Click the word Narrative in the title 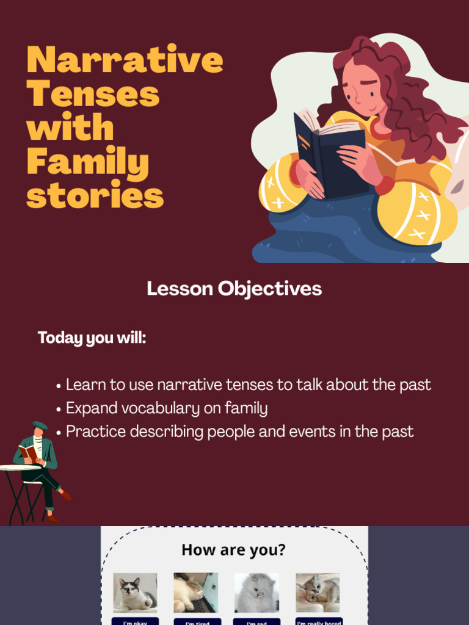(125, 60)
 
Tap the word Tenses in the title (93, 95)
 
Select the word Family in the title (87, 163)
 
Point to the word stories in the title (95, 196)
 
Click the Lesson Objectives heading (234, 289)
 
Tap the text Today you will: (92, 338)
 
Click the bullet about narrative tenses (248, 385)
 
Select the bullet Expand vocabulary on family (166, 408)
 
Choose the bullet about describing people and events (239, 432)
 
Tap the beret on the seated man (40, 425)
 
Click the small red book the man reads (27, 452)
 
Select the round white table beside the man (20, 468)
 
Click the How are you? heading (233, 550)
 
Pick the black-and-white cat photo (135, 592)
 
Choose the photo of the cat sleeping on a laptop (195, 592)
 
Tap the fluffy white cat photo (256, 592)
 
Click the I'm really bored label (319, 622)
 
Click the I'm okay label (135, 622)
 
